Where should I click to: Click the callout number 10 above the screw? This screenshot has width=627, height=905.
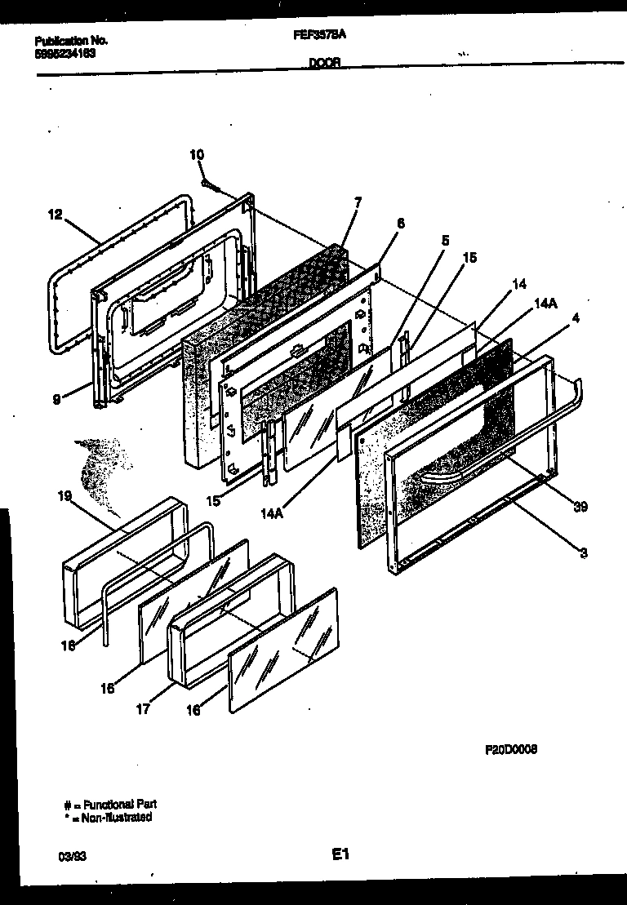pos(197,154)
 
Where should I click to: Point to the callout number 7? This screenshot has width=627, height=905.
pos(358,201)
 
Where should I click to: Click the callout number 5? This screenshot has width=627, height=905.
pos(445,241)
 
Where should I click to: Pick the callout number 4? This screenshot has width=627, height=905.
pos(576,318)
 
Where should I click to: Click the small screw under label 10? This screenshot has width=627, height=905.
pos(209,184)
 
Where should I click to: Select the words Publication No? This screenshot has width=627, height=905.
pos(72,40)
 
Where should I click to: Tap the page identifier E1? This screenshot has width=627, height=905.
pos(340,854)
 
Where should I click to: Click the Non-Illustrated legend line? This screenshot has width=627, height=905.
pos(107,817)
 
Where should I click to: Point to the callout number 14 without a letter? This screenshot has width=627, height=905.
pos(519,284)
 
